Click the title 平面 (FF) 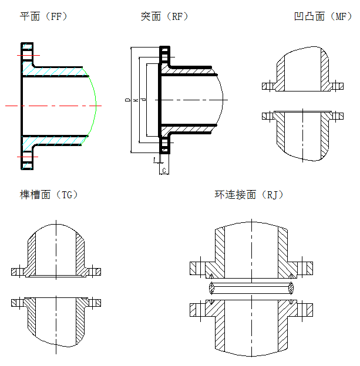[x=43, y=16]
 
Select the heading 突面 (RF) [x=164, y=16]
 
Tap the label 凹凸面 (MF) [x=322, y=16]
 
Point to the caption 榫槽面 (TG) [x=49, y=194]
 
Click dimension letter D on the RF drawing [x=128, y=101]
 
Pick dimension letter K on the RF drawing [x=136, y=101]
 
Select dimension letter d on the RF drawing [x=144, y=101]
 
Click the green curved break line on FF [x=94, y=106]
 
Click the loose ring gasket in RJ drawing [x=251, y=287]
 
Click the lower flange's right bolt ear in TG [x=95, y=303]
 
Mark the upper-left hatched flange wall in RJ [x=218, y=252]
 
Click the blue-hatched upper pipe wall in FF [x=56, y=71]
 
